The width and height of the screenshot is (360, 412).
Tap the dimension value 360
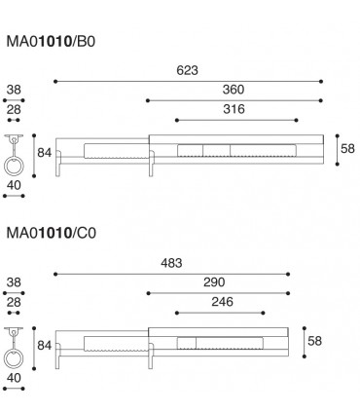click(234, 90)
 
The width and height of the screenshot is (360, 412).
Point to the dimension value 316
click(234, 110)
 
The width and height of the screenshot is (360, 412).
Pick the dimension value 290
click(215, 282)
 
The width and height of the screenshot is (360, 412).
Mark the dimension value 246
click(221, 303)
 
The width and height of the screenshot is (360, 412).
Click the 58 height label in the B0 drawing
click(346, 149)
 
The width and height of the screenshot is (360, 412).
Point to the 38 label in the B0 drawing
click(13, 90)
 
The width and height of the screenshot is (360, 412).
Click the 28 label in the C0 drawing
click(13, 303)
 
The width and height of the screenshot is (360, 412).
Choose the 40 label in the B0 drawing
click(15, 185)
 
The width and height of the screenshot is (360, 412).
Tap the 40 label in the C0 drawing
click(15, 377)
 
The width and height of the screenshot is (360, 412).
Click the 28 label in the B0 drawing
click(13, 111)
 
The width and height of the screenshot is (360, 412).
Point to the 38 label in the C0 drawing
click(13, 282)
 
